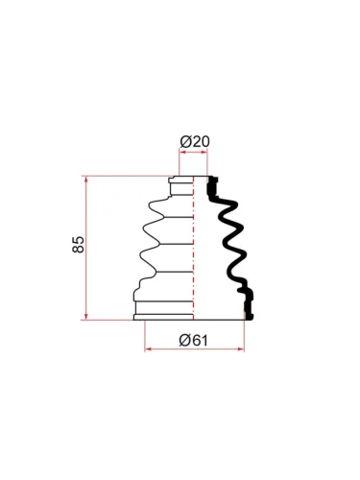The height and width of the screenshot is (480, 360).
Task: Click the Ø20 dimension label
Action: click(195, 142)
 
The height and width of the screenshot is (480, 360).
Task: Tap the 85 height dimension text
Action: click(78, 245)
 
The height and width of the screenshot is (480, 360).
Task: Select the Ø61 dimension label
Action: click(194, 340)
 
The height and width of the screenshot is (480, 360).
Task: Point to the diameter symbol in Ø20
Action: click(185, 142)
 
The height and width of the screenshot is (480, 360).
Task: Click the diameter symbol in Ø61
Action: click(184, 340)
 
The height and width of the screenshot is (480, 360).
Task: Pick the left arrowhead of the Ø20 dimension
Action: click(182, 153)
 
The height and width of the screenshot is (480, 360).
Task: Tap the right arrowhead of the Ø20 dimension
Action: click(204, 153)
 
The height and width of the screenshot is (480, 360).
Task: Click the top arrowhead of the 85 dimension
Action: click(85, 180)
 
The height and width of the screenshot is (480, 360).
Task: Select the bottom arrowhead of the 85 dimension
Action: click(85, 316)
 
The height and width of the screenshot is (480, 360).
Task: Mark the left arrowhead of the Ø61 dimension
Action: click(148, 349)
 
